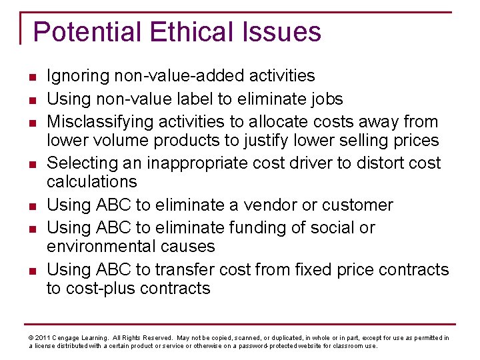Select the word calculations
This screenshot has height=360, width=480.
click(x=92, y=181)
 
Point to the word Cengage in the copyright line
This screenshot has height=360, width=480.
click(x=69, y=338)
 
